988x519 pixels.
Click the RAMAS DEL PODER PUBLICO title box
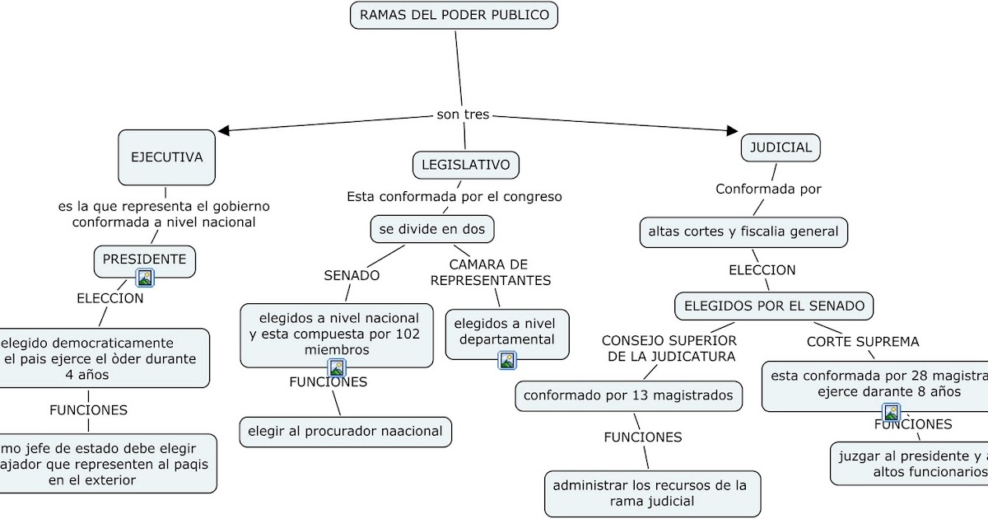point(454,15)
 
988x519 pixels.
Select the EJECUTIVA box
point(166,157)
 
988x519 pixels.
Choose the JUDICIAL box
point(781,147)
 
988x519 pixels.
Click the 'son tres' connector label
point(463,115)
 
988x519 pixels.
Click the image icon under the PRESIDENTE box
point(145,278)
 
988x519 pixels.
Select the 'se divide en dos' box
point(432,229)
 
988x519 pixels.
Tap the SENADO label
point(352,275)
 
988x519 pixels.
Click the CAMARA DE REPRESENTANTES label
point(490,272)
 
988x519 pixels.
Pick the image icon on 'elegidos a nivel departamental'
point(507,360)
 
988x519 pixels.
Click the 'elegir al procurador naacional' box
point(346,431)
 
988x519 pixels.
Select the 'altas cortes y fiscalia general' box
point(743,231)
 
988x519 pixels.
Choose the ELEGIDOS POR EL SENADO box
point(774,306)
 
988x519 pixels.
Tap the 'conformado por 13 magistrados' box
point(628,395)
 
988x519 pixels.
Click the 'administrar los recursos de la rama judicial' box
point(651,493)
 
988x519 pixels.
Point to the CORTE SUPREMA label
point(862,341)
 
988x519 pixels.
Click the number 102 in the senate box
point(406,334)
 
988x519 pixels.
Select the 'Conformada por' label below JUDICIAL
point(767,189)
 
